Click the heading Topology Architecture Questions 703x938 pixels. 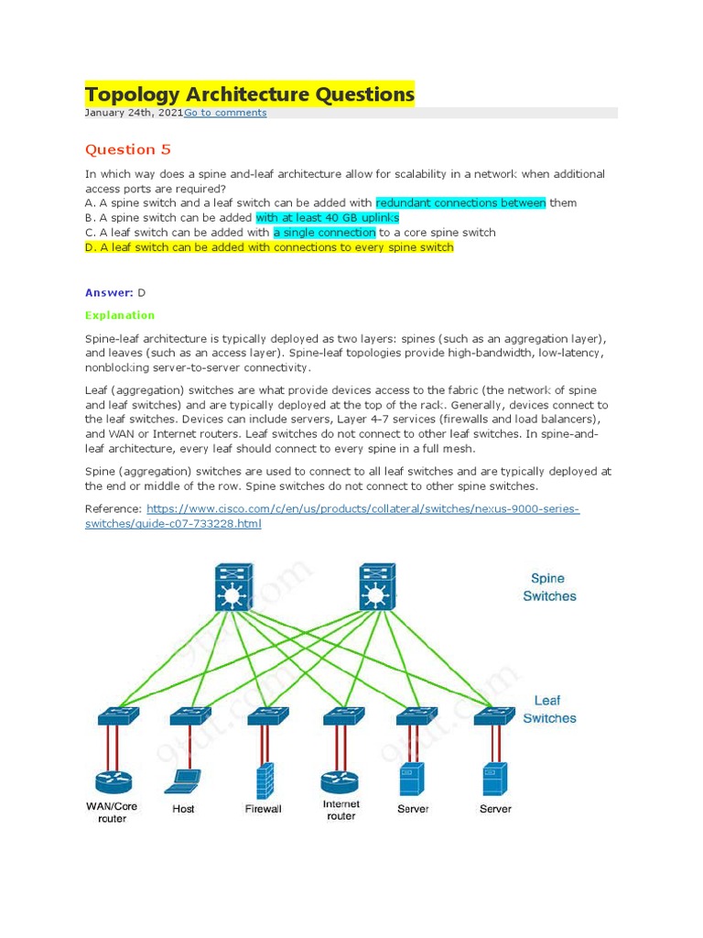(x=249, y=94)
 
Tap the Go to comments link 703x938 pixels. (x=225, y=113)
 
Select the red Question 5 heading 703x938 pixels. (x=128, y=149)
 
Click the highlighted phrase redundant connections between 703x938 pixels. (x=460, y=202)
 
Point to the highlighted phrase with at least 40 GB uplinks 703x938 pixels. (x=327, y=218)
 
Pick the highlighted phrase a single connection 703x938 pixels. (x=324, y=233)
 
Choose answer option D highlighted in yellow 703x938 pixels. (x=269, y=247)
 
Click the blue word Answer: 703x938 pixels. (x=109, y=292)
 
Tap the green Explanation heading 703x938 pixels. (x=120, y=315)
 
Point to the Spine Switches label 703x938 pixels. (x=549, y=587)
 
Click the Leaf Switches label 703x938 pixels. (x=549, y=709)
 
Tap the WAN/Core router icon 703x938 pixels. (x=114, y=783)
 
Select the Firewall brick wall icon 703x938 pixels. (x=264, y=780)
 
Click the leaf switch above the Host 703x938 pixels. (x=189, y=715)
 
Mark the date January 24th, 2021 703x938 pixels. (x=134, y=113)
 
